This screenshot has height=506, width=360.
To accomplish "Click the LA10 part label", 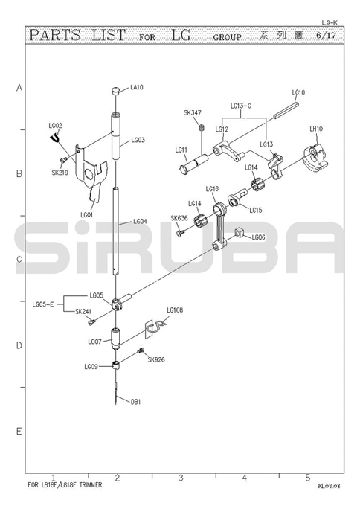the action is click(x=137, y=87).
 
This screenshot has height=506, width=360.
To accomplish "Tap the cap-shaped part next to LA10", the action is click(x=116, y=90).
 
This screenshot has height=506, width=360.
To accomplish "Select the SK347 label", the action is click(x=193, y=112).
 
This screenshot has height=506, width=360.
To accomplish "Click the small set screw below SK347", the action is click(x=202, y=128).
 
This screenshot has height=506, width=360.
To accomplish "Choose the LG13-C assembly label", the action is click(x=241, y=106).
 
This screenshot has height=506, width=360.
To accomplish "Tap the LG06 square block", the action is click(x=238, y=231).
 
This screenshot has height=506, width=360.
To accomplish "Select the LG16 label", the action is click(x=212, y=189).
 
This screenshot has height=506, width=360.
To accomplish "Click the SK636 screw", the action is click(x=181, y=232).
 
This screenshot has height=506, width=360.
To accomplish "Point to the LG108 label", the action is click(x=175, y=310).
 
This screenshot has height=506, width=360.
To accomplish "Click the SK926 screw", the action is click(x=141, y=350).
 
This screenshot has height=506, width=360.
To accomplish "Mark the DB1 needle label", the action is click(x=135, y=402).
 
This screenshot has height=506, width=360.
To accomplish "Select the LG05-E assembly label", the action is click(x=43, y=304).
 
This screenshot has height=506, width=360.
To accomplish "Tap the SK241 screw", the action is click(x=91, y=321).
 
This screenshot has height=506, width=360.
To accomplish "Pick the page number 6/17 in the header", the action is click(x=326, y=35).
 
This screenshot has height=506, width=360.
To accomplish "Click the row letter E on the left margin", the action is click(x=19, y=431).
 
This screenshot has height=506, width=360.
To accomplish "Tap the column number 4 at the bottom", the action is click(x=244, y=477).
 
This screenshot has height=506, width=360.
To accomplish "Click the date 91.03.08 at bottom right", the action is click(x=328, y=486).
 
